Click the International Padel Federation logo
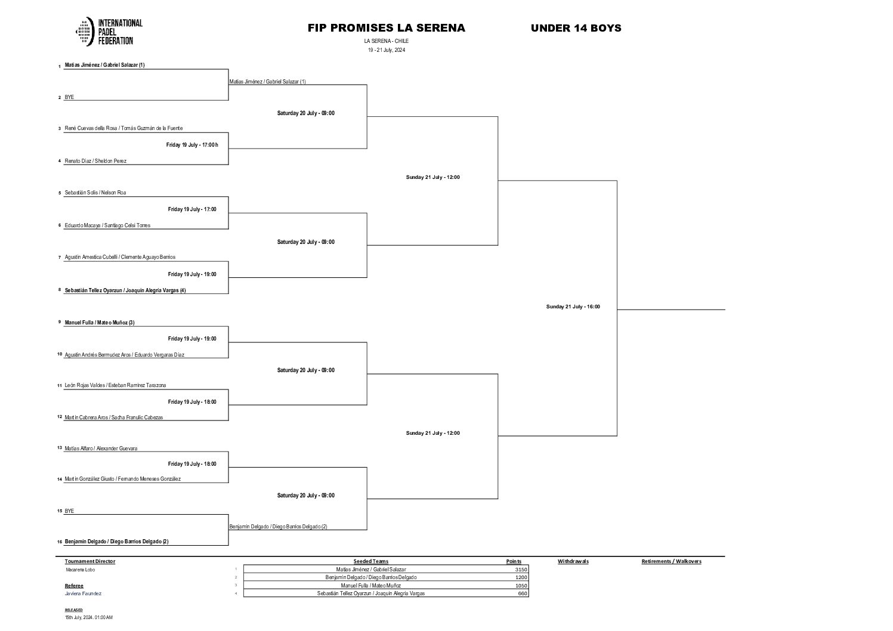click(109, 32)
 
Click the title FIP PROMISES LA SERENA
click(386, 28)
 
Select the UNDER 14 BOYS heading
click(576, 28)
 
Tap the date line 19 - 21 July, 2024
click(386, 50)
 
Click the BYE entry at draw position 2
click(69, 97)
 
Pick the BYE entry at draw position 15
click(69, 511)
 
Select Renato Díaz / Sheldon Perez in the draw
click(95, 161)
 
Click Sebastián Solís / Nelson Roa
click(95, 193)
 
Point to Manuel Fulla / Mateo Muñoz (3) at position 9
click(100, 323)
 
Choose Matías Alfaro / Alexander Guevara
click(101, 448)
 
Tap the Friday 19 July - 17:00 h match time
click(192, 145)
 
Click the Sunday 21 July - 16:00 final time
click(573, 307)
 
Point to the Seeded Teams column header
click(370, 561)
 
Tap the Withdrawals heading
click(573, 561)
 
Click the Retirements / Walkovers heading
click(671, 561)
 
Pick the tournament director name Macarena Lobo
click(80, 570)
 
